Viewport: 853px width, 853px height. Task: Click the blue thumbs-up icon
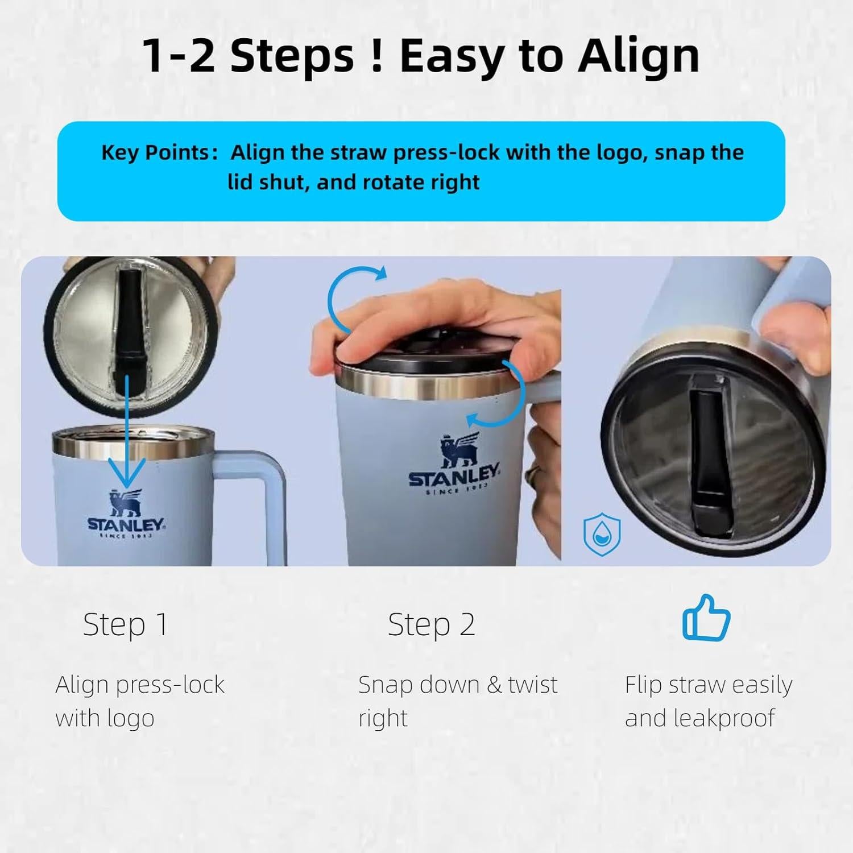coord(706,617)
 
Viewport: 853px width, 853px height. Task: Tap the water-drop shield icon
coord(602,535)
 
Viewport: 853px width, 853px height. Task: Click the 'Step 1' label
coord(125,625)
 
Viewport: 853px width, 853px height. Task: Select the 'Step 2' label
coord(431,625)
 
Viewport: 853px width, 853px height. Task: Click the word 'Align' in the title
coord(639,57)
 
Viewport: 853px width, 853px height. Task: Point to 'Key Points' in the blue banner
coord(155,152)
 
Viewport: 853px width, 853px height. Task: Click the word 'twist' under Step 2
coord(533,685)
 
